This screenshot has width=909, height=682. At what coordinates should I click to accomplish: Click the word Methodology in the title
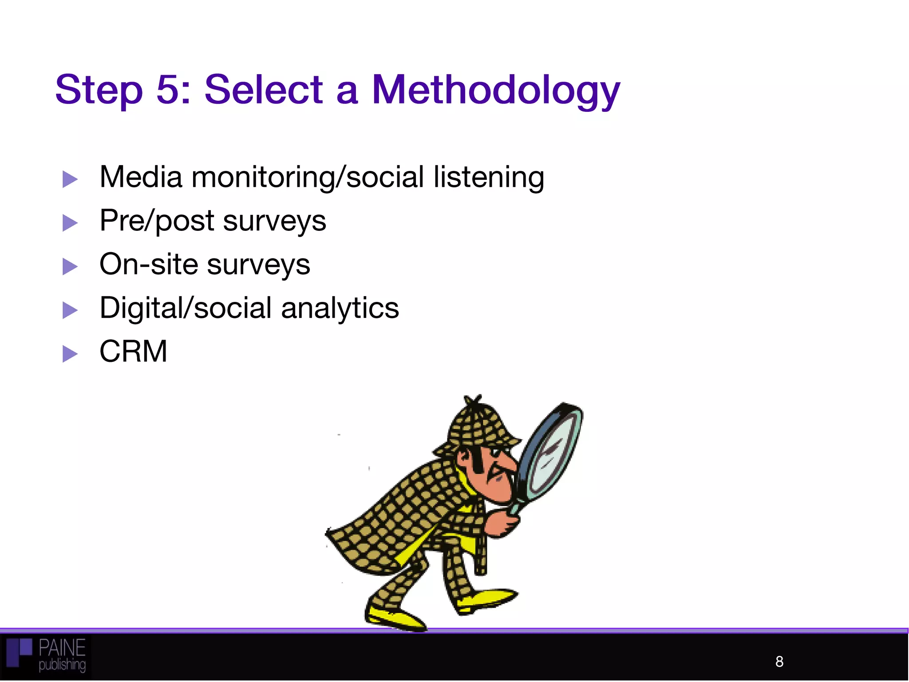click(x=495, y=91)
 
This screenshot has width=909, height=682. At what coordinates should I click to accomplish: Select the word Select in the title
click(x=263, y=90)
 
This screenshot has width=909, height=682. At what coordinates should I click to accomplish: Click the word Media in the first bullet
click(x=141, y=177)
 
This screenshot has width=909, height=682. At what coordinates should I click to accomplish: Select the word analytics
click(x=340, y=308)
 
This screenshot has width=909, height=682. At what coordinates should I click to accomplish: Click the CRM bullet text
click(x=133, y=352)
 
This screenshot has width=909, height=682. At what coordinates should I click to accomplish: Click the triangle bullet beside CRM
click(x=70, y=354)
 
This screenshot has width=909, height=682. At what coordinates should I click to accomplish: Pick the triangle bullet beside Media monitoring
click(x=70, y=179)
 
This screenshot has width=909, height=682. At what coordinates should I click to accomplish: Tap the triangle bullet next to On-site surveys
click(x=70, y=266)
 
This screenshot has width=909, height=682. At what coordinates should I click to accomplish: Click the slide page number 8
click(x=779, y=662)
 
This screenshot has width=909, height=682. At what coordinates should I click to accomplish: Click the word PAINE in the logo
click(x=62, y=648)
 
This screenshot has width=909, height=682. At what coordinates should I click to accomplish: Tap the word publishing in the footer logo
click(x=62, y=665)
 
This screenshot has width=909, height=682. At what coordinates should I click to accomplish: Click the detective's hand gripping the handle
click(x=502, y=524)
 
